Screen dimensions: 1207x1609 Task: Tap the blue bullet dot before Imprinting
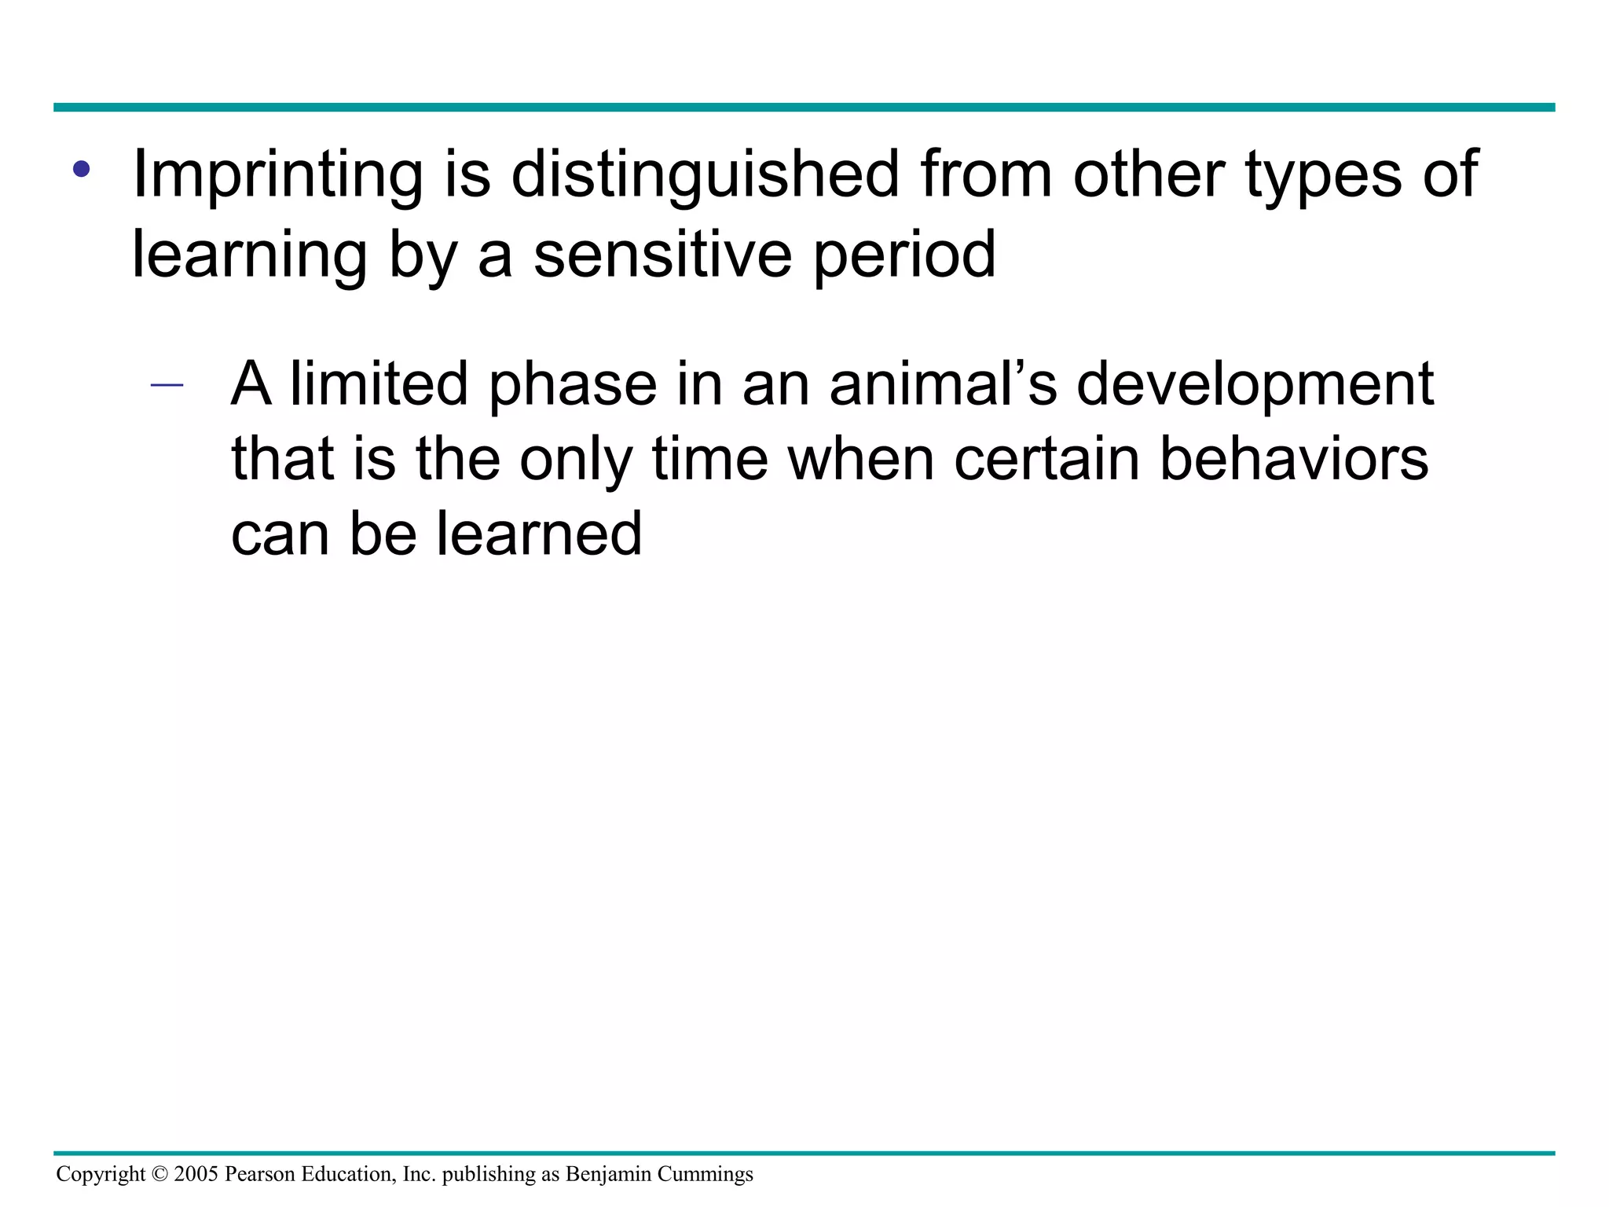[x=81, y=169]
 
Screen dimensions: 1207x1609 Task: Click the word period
[x=904, y=255]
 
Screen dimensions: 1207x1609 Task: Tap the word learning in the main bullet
[x=249, y=255]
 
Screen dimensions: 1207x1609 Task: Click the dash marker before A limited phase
[x=167, y=386]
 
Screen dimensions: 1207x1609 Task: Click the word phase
[x=572, y=384]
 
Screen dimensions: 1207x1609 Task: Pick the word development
[x=1255, y=384]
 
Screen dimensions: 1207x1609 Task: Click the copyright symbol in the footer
[x=159, y=1175]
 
